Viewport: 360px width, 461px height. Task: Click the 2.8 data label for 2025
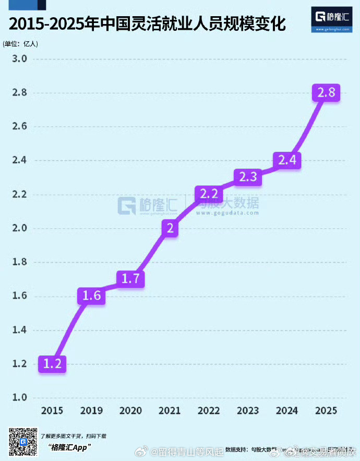(x=327, y=93)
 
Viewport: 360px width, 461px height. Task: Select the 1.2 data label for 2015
(x=52, y=363)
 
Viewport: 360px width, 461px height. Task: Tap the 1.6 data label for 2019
(x=91, y=296)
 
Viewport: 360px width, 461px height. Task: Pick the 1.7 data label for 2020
(x=130, y=279)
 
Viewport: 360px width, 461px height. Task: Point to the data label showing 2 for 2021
(x=170, y=228)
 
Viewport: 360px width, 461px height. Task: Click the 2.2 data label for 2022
(x=209, y=194)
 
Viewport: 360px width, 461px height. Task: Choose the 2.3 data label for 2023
(x=248, y=177)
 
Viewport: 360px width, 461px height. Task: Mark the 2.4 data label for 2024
(x=287, y=160)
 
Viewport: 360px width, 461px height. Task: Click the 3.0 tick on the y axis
(x=20, y=58)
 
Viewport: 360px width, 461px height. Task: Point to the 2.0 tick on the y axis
(x=20, y=228)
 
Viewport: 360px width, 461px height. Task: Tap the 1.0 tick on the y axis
(x=20, y=397)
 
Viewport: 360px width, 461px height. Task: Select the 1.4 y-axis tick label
(x=20, y=330)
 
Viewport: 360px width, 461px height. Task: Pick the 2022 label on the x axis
(x=208, y=410)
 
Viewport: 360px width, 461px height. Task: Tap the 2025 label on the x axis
(x=326, y=410)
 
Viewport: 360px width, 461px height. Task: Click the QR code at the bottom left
(x=23, y=442)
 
